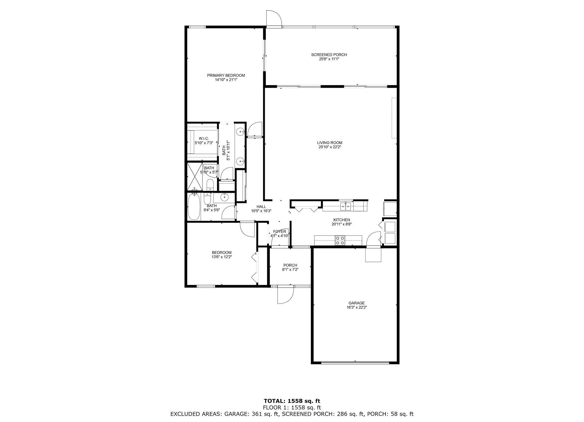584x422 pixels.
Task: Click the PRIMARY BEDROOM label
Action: pos(226,76)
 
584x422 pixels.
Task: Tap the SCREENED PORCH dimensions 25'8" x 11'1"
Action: pos(329,59)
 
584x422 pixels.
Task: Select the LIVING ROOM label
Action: pos(330,143)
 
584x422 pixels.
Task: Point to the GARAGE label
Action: pos(356,303)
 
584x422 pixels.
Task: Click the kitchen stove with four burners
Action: pos(340,240)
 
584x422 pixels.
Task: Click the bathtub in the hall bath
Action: pos(194,207)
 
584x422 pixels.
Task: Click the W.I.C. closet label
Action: pos(204,138)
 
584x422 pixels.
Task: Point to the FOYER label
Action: pos(279,232)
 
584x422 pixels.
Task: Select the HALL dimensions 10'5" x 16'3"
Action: pos(261,211)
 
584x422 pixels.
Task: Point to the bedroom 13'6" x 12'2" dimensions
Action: pos(222,257)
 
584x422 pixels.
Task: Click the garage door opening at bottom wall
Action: pos(355,363)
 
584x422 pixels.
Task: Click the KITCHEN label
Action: pos(342,220)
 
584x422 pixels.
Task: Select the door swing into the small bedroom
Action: pos(247,229)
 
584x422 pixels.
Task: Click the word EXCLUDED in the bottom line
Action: pos(184,414)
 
